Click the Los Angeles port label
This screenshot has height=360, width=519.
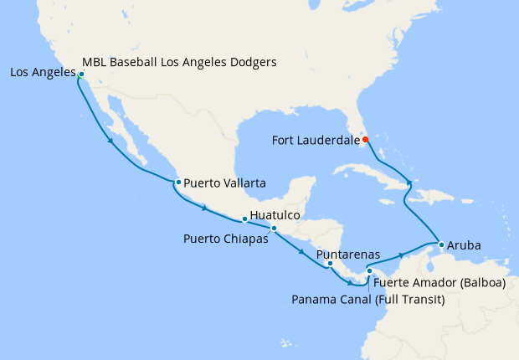(x=40, y=73)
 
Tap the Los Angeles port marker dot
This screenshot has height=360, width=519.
(x=81, y=75)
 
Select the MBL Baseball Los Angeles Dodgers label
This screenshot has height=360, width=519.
(x=180, y=62)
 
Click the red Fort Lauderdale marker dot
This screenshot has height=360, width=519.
(x=365, y=139)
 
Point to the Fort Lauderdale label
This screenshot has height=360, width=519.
(x=314, y=140)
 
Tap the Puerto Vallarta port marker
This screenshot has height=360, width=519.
(x=178, y=182)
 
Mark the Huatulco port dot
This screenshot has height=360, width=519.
(x=244, y=219)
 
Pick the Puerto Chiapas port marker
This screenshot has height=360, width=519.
(x=274, y=228)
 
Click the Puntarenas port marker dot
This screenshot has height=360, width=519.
(x=331, y=264)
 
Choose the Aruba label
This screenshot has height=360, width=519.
(x=465, y=246)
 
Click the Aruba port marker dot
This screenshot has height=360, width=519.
(x=440, y=244)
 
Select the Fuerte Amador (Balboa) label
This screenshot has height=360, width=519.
(x=439, y=282)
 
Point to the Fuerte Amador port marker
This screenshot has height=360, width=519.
(x=369, y=270)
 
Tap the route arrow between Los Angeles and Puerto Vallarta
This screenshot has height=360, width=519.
(x=111, y=141)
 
